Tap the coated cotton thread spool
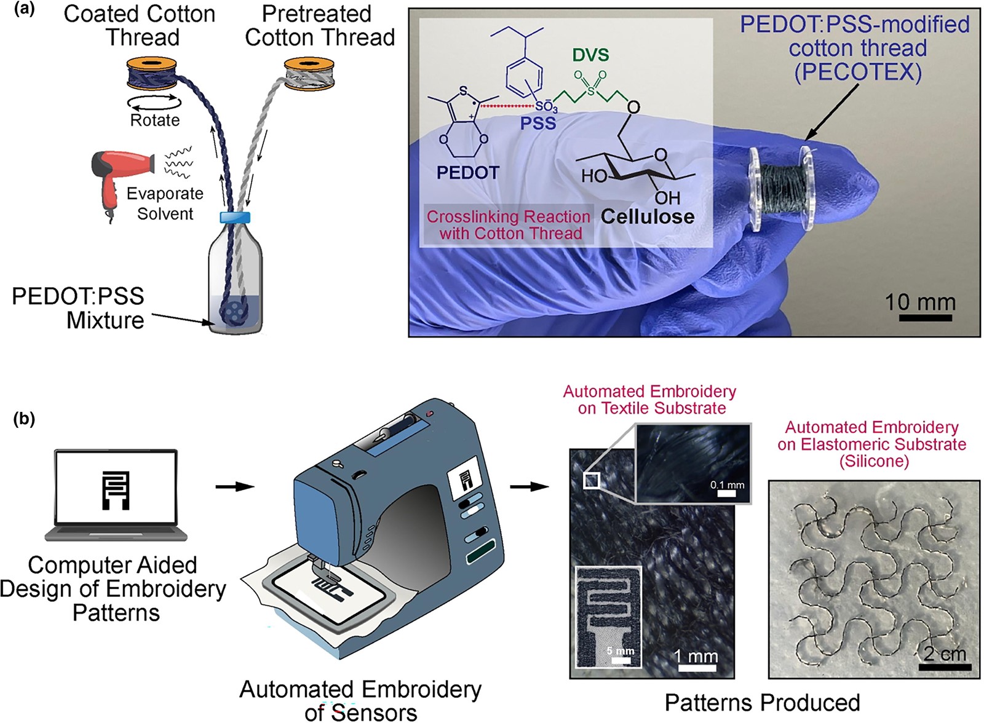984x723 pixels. (151, 73)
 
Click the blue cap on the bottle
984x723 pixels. (235, 217)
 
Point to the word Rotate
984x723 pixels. (154, 120)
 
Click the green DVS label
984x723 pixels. (590, 55)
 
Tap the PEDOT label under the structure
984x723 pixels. (468, 173)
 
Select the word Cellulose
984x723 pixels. (648, 216)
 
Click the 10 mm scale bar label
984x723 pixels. (920, 302)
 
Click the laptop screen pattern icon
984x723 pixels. (116, 491)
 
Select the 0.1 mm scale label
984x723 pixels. (727, 485)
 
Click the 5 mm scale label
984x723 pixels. (621, 650)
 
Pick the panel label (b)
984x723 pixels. (24, 419)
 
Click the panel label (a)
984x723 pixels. (24, 10)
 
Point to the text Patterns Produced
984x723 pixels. (762, 702)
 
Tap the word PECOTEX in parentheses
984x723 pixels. (857, 72)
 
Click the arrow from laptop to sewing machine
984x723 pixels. (235, 486)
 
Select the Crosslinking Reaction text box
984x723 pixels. (509, 225)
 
